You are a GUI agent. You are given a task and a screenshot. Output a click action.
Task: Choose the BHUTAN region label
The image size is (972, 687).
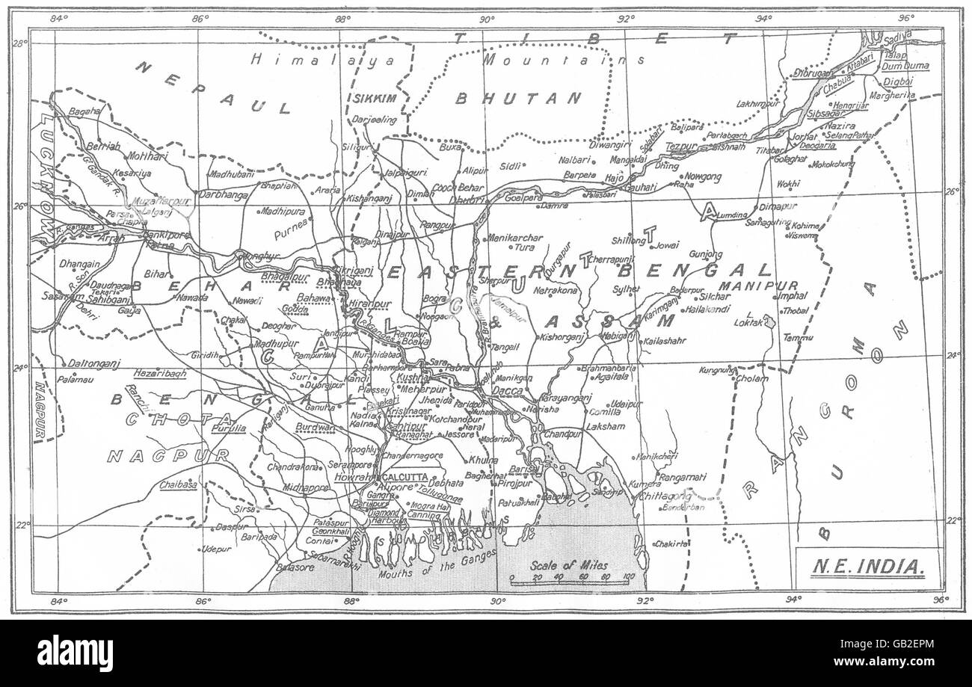pos(519,98)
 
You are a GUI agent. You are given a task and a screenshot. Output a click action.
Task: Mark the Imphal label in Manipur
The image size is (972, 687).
pos(793,295)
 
